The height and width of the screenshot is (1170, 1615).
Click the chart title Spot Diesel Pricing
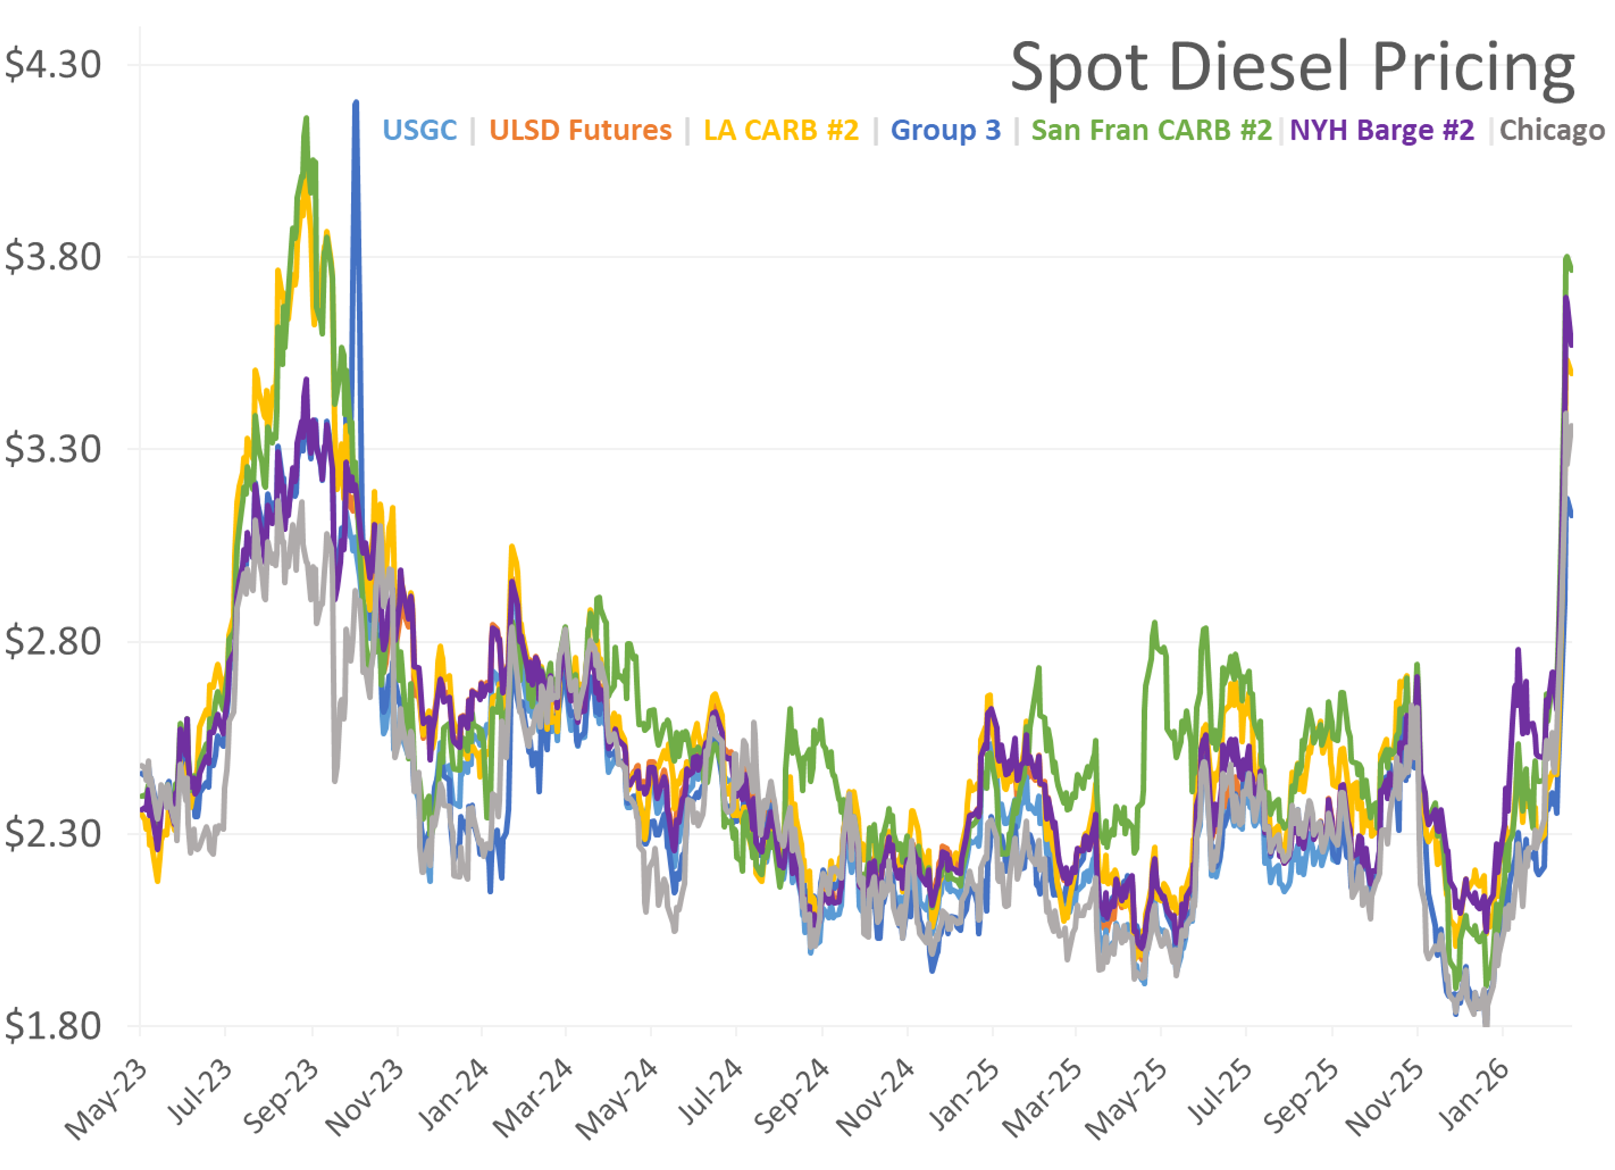1292,67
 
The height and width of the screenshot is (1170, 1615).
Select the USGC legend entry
419,130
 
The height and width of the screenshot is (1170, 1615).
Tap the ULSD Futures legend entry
580,130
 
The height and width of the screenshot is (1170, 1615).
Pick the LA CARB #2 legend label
781,130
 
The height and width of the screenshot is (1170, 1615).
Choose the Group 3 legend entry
945,130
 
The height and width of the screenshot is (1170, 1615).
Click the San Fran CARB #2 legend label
1151,130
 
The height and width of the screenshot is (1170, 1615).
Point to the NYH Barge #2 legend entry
1382,130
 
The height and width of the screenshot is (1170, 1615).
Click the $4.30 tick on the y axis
53,65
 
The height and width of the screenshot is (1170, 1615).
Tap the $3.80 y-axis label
53,257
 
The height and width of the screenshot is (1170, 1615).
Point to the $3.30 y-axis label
53,449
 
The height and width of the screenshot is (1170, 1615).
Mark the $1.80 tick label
53,1026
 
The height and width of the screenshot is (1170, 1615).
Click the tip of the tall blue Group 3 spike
355,103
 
